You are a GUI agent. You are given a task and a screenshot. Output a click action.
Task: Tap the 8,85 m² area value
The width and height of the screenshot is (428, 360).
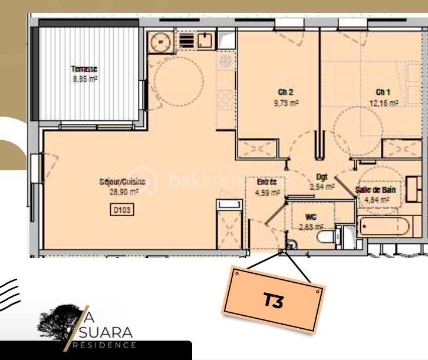click(x=84, y=78)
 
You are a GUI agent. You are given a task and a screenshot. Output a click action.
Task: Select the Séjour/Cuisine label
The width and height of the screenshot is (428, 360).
click(x=120, y=183)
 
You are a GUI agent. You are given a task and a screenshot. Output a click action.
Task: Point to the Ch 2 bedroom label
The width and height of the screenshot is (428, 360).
click(x=285, y=92)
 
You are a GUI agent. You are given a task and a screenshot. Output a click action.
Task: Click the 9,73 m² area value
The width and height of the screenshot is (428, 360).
click(x=285, y=102)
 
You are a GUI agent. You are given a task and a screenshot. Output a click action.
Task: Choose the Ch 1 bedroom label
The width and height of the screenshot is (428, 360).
click(x=383, y=92)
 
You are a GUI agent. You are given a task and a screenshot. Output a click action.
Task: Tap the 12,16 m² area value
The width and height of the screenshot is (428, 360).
click(x=384, y=102)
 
